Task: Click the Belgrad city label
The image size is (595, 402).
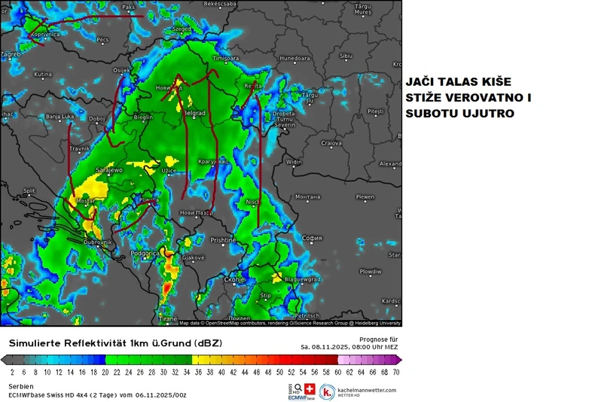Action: click(x=195, y=113)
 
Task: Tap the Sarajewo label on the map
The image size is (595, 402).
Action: click(x=108, y=170)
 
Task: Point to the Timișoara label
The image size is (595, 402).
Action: click(x=225, y=58)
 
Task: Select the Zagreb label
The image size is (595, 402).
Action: click(x=10, y=54)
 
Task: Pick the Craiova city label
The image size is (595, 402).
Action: click(x=332, y=142)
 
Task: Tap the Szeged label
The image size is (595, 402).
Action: click(x=182, y=29)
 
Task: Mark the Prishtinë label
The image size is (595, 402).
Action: click(x=223, y=240)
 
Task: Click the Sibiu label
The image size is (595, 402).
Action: click(x=346, y=55)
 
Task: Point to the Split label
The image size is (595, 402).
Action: click(x=29, y=191)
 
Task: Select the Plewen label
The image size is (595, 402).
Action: click(x=365, y=197)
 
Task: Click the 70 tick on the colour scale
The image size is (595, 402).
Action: click(x=396, y=372)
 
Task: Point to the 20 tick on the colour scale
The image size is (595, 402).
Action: click(x=105, y=372)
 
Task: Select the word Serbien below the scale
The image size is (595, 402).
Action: click(x=21, y=386)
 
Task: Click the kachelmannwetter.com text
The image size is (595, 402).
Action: click(x=367, y=390)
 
